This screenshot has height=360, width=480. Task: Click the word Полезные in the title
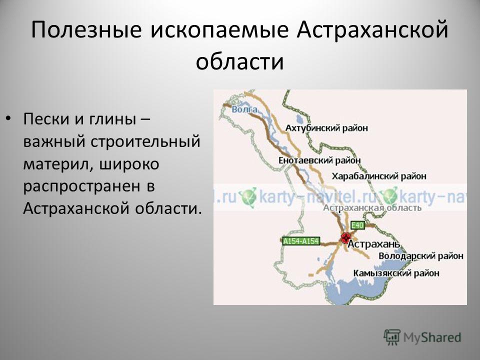86,30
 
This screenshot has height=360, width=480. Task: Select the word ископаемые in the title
219,30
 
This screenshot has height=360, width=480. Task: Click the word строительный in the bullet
145,141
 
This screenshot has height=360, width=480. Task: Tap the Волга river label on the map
244,109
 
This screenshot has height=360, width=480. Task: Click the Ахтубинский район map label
326,128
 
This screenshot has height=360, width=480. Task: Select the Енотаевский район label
319,160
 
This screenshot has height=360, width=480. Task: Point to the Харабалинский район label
379,176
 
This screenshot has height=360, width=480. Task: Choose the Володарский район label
421,256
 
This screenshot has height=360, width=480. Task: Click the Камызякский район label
396,273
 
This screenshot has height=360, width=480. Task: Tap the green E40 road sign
357,225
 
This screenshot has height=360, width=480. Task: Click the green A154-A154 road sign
301,241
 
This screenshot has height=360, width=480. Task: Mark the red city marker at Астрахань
346,237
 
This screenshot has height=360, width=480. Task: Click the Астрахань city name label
374,244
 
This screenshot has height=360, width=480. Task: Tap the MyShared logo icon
392,337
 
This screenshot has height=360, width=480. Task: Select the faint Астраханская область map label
372,208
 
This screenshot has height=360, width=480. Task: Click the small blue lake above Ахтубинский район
299,119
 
